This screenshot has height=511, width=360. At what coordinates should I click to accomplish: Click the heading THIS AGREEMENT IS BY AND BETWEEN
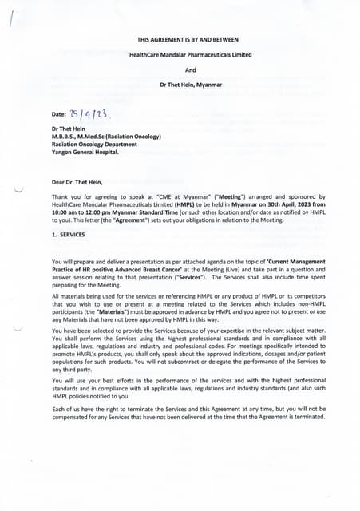pyautogui.click(x=188, y=39)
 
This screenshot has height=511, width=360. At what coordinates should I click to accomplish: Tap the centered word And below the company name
pyautogui.click(x=190, y=70)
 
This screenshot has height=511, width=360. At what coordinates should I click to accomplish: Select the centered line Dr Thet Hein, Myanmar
pyautogui.click(x=190, y=85)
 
